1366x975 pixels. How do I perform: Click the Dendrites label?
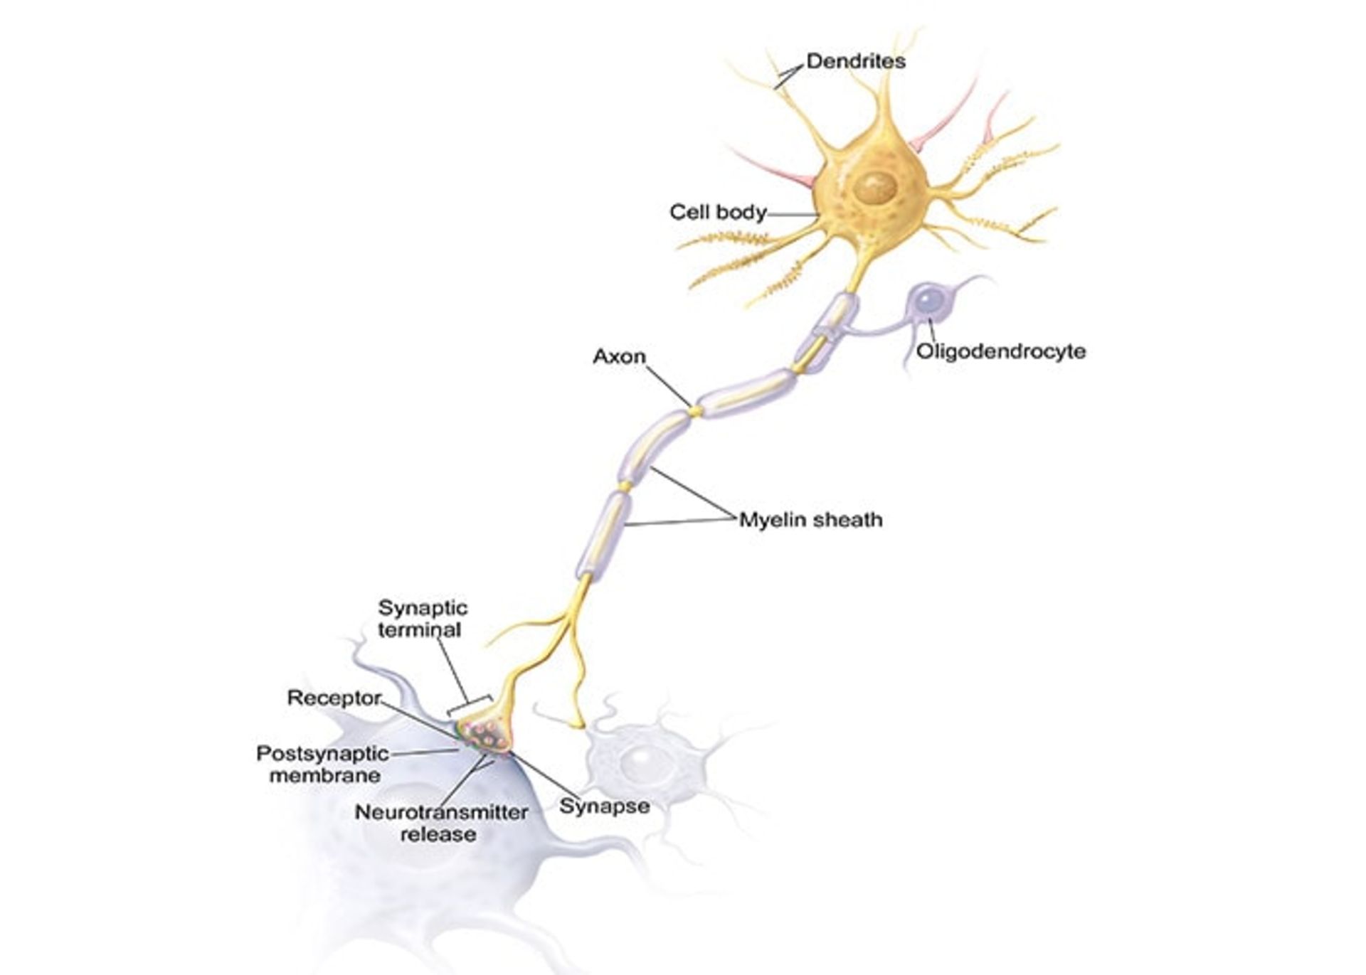(856, 62)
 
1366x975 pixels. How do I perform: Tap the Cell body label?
(718, 212)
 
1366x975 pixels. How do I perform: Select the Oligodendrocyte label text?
(1001, 351)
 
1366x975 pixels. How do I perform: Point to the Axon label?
(619, 356)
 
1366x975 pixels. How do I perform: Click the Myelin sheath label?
(810, 520)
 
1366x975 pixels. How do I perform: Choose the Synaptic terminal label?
(422, 619)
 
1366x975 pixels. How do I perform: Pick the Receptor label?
(334, 698)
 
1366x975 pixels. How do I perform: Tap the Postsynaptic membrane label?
(322, 764)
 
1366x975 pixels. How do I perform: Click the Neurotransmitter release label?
(441, 823)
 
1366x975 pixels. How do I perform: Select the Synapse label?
(604, 806)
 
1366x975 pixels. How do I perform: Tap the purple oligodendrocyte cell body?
(927, 301)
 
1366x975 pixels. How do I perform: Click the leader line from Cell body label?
(793, 213)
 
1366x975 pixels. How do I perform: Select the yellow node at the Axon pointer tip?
(694, 411)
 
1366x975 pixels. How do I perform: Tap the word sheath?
(847, 520)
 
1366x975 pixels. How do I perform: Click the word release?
(438, 834)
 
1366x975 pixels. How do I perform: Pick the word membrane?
(325, 775)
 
